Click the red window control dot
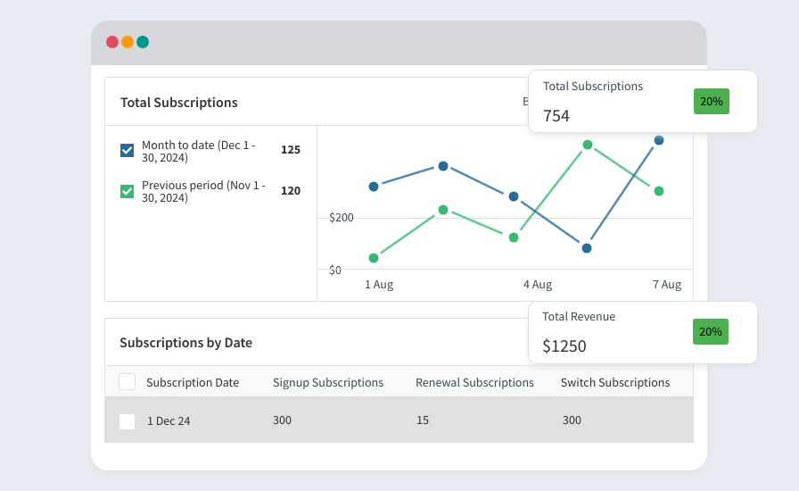click(112, 42)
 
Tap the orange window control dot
click(128, 42)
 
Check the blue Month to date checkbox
click(127, 151)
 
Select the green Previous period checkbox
click(127, 191)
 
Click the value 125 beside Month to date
click(291, 150)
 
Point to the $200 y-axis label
click(342, 218)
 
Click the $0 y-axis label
click(335, 270)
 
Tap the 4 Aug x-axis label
click(538, 284)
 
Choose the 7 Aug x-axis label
click(667, 284)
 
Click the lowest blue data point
click(587, 248)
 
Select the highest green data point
click(588, 145)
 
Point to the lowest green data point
click(374, 258)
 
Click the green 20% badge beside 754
click(712, 101)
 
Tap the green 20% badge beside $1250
click(711, 332)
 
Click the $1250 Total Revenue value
click(564, 346)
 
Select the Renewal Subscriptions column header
click(474, 382)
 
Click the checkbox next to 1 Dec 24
click(127, 421)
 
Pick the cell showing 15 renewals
click(423, 420)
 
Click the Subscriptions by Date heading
click(186, 343)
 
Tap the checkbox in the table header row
click(127, 382)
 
